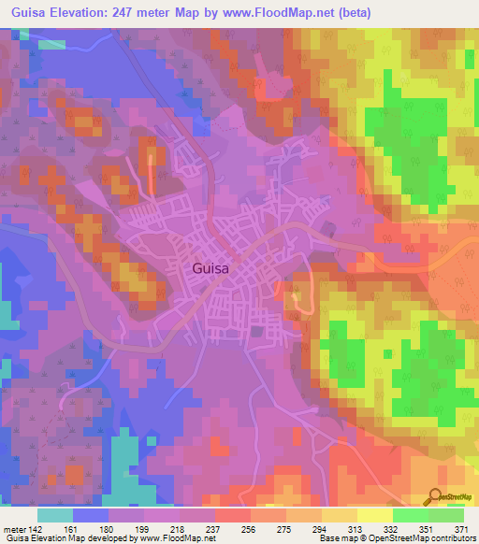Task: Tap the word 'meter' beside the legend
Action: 15,528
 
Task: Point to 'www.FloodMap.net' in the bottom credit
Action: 164,538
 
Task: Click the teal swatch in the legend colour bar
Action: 55,515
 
